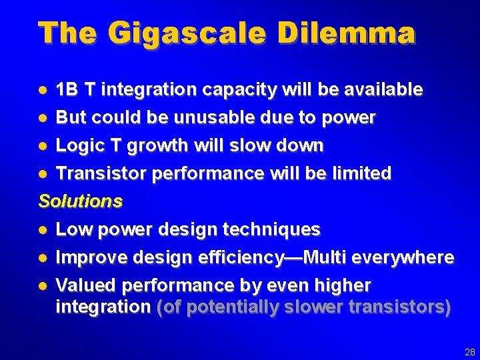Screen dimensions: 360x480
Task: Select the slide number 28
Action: [469, 351]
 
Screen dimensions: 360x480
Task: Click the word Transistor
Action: [102, 173]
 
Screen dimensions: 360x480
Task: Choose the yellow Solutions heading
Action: [81, 201]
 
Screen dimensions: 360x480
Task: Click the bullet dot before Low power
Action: [43, 230]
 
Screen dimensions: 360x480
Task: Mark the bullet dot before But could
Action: [43, 118]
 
